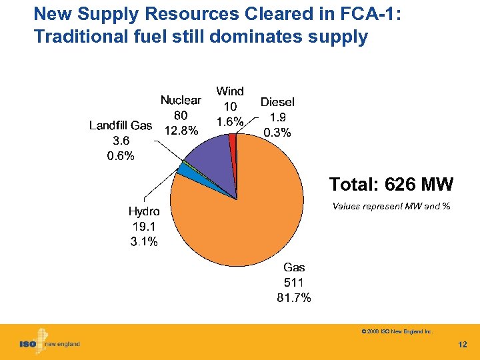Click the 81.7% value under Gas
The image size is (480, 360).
293,298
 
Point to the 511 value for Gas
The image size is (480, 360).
294,283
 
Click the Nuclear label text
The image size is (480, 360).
180,100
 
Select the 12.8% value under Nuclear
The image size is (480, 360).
181,131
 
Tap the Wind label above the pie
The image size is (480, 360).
230,91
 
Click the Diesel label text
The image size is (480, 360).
277,102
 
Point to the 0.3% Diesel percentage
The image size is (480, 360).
277,133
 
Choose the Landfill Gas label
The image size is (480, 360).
121,125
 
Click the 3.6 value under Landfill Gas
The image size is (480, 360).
121,141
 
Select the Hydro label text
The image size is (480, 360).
143,211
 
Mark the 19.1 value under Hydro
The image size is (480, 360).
143,227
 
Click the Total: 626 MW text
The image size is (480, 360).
391,183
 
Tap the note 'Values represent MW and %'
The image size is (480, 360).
391,207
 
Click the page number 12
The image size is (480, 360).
463,345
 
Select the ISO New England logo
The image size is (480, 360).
49,343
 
